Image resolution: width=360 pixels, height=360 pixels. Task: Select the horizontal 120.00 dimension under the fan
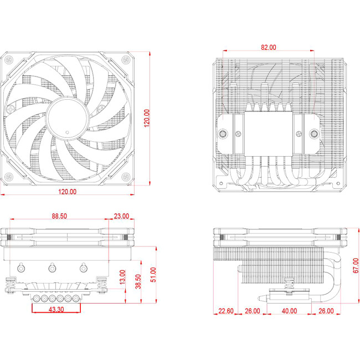66,191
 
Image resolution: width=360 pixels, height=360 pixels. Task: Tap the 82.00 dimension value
268,48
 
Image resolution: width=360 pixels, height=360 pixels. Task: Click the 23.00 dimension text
121,216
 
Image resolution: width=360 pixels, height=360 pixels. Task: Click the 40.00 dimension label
289,311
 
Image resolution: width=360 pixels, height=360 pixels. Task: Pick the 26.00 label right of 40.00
326,311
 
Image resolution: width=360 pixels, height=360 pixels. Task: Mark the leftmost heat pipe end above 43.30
37,298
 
